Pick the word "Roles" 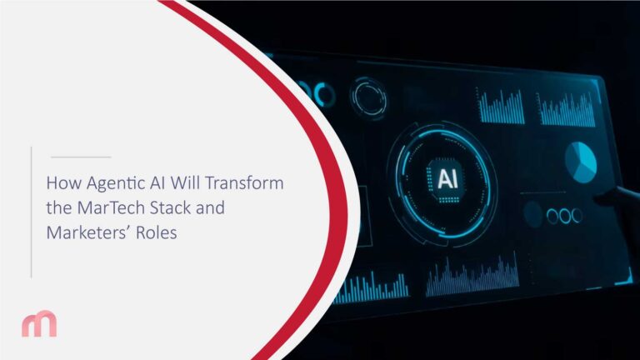(x=158, y=233)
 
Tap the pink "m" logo (x=39, y=323)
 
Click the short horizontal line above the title (x=80, y=157)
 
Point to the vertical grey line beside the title (x=31, y=211)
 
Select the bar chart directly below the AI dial (x=461, y=280)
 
